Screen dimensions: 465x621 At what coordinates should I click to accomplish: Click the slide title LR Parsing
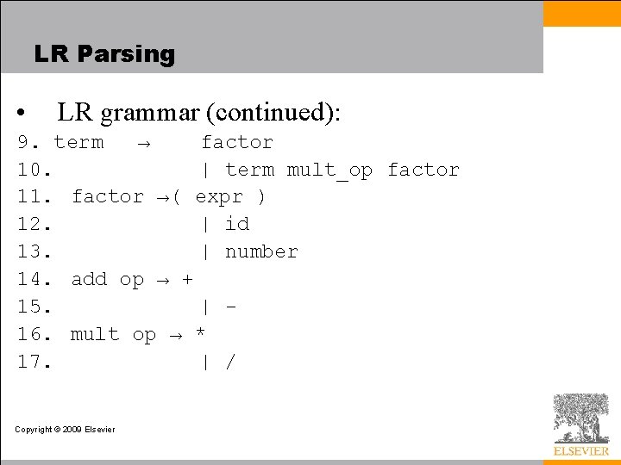pos(104,54)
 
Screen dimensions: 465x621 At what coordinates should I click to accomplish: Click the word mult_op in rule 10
pos(329,170)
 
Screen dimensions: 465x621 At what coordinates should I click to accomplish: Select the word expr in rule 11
pos(219,197)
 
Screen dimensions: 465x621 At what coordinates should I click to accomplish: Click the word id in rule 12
pos(237,225)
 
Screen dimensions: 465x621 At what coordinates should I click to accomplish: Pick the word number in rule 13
pos(261,252)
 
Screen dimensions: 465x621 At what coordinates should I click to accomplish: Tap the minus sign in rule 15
pos(230,307)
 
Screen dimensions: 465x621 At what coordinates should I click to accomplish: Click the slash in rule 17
pos(230,363)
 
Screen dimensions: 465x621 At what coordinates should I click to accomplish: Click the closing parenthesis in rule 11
pos(261,197)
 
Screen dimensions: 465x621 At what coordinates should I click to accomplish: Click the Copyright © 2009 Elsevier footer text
pos(65,429)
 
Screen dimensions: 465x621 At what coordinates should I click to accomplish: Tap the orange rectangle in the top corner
pos(581,14)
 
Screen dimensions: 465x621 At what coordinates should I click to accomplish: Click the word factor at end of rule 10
pos(423,170)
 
